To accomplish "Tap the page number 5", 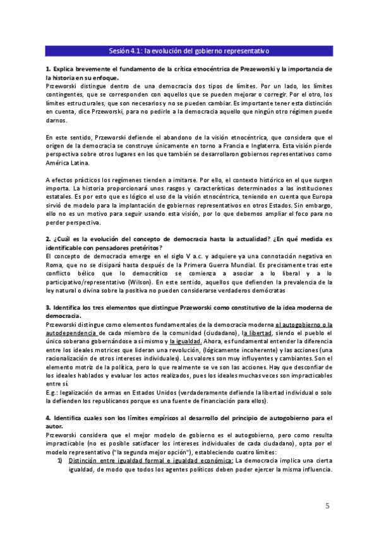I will point(327,505).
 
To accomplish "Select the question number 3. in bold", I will point(48,307).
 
